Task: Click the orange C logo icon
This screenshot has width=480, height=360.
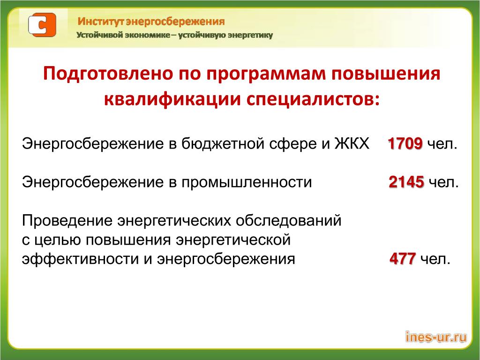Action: click(42, 25)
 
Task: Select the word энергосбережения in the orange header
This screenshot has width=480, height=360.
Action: click(175, 22)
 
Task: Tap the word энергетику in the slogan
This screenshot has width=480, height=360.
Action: click(251, 35)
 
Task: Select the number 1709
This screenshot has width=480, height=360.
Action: click(405, 143)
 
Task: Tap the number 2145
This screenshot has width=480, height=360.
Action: click(406, 182)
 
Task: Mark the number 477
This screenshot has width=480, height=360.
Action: click(403, 259)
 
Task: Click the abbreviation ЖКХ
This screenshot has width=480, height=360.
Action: click(352, 143)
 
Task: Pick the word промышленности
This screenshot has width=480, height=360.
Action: click(247, 182)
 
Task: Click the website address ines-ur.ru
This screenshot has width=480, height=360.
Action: click(436, 337)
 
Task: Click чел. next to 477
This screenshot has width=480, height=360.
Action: click(435, 259)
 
